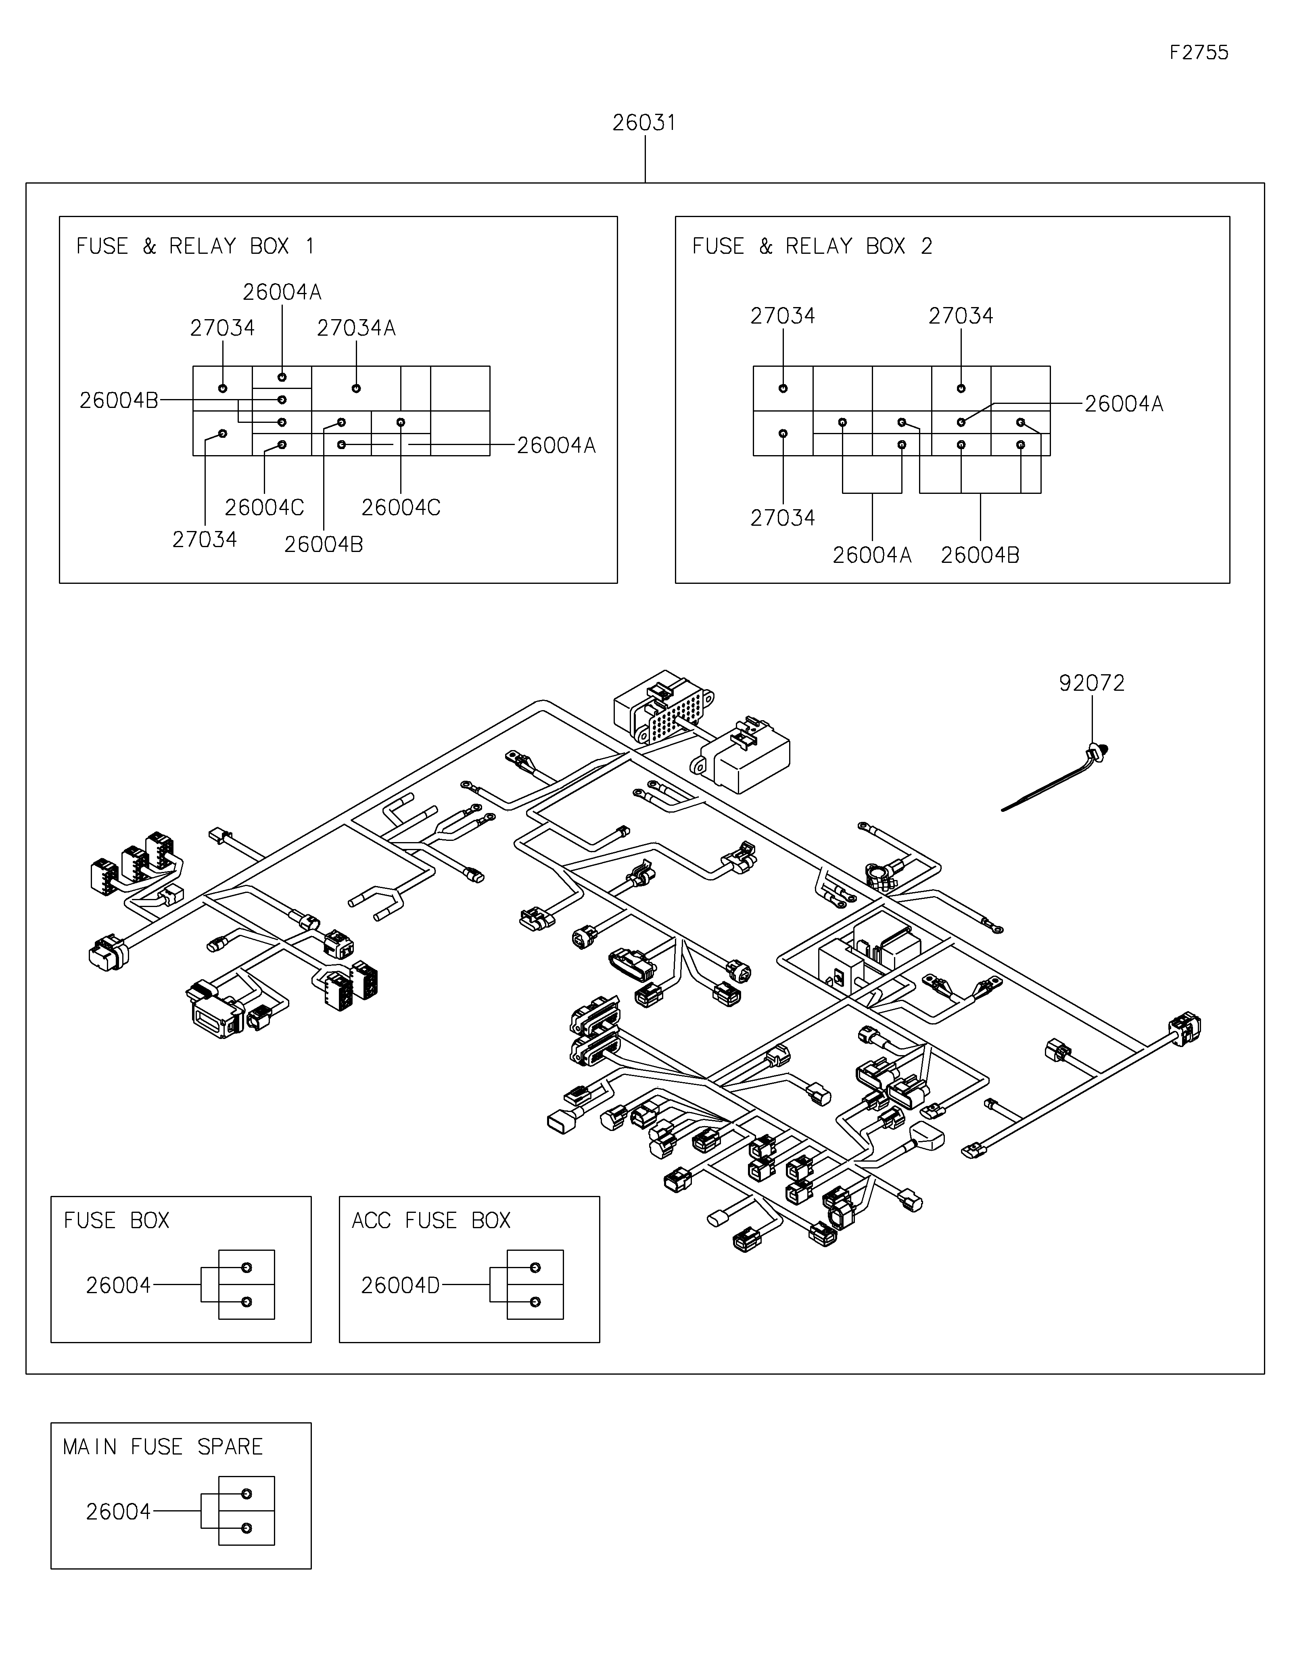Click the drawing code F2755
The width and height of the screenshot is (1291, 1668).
coord(1199,53)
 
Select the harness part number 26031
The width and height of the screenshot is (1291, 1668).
coord(644,123)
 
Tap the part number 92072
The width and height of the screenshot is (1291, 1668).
coord(1092,683)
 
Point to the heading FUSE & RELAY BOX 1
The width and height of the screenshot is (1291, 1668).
coord(195,246)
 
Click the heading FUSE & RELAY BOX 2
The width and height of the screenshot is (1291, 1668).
coord(812,246)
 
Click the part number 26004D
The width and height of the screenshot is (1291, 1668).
coord(400,1285)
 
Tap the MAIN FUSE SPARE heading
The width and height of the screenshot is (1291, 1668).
coord(163,1446)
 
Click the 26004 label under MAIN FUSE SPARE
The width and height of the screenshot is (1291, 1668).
coord(118,1511)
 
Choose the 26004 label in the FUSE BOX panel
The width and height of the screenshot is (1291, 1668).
coord(118,1285)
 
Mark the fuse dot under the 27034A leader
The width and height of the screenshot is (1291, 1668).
coord(356,388)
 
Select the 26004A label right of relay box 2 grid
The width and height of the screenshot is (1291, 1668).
coord(1124,404)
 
